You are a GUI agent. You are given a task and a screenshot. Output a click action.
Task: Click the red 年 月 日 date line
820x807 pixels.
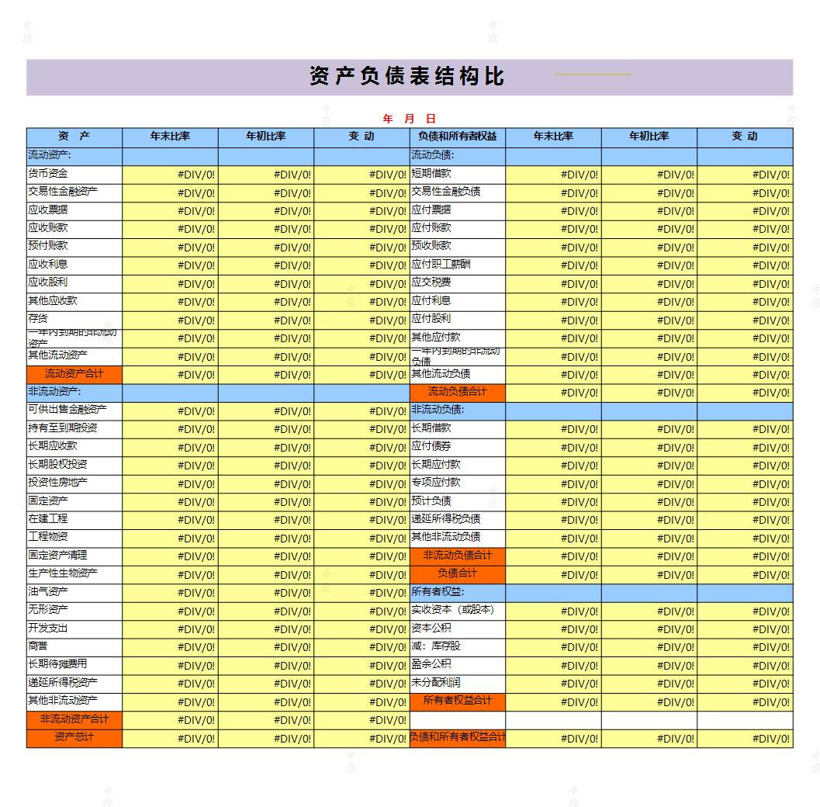(x=409, y=119)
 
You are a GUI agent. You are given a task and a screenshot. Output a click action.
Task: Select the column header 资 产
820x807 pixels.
(x=74, y=137)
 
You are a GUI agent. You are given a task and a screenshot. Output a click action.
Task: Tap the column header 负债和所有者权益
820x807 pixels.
(x=457, y=137)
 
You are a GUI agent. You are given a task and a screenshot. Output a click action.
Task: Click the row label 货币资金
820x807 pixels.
(x=48, y=174)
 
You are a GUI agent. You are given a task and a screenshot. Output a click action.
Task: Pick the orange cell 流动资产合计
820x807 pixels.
(x=74, y=374)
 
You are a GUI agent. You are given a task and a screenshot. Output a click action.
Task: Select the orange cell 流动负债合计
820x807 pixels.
(x=457, y=392)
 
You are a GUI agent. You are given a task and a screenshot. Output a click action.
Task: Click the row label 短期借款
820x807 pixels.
(x=431, y=174)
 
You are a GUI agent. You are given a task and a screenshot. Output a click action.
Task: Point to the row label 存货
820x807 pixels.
(x=38, y=319)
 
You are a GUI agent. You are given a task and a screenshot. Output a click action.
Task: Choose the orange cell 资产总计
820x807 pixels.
(x=74, y=737)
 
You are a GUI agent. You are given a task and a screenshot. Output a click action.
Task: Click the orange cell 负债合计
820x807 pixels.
(x=457, y=573)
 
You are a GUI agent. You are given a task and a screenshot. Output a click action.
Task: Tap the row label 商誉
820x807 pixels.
(x=38, y=646)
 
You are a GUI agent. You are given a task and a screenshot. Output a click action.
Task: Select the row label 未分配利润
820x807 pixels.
(x=436, y=683)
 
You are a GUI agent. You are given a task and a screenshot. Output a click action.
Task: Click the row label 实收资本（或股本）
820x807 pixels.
(x=452, y=610)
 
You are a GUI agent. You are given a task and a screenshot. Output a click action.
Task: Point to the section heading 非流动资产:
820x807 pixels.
(x=54, y=392)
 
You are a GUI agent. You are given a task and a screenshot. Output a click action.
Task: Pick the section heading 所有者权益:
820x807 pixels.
(x=438, y=592)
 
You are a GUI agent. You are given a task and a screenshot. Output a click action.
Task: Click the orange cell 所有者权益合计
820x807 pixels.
(x=457, y=701)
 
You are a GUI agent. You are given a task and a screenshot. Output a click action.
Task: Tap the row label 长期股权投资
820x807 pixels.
(x=58, y=465)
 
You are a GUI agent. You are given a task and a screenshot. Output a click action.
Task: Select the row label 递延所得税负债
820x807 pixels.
(x=446, y=519)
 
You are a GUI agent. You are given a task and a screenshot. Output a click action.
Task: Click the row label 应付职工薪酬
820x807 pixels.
(x=441, y=265)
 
